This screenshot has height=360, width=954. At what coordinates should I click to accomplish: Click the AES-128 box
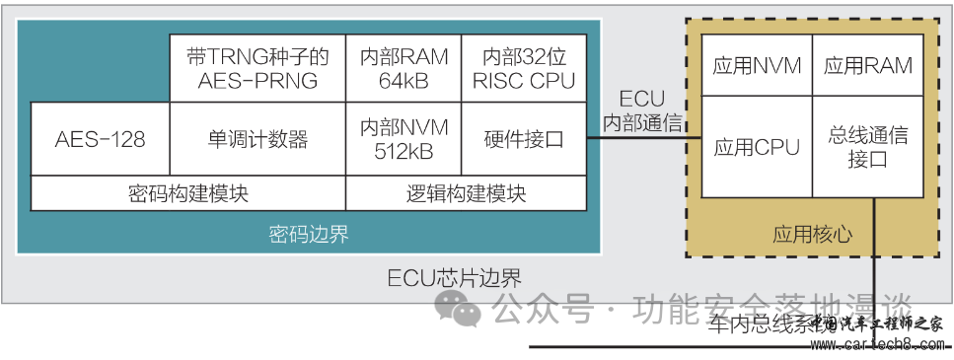[100, 139]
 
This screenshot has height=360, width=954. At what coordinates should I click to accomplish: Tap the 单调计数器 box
[257, 139]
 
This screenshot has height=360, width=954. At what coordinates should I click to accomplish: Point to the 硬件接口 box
[524, 139]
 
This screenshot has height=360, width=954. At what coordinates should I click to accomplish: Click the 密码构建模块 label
[187, 193]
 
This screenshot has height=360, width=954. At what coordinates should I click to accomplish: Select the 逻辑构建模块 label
[466, 193]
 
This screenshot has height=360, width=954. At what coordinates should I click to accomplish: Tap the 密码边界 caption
[309, 235]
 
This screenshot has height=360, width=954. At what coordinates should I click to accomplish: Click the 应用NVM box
[756, 66]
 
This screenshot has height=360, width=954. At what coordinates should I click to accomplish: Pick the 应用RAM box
[868, 66]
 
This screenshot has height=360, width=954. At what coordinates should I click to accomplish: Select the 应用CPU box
[756, 147]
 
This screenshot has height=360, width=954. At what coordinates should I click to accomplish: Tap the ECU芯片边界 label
[454, 278]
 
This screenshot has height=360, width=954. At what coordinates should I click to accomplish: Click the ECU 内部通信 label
[641, 111]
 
